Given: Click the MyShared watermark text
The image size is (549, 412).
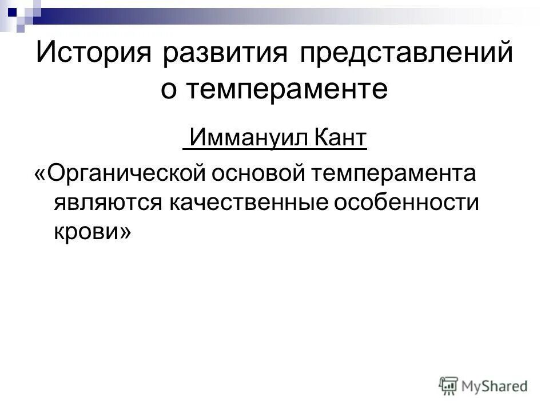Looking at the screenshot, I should [x=495, y=386].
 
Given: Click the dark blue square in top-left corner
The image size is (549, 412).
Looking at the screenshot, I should [x=11, y=10].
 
